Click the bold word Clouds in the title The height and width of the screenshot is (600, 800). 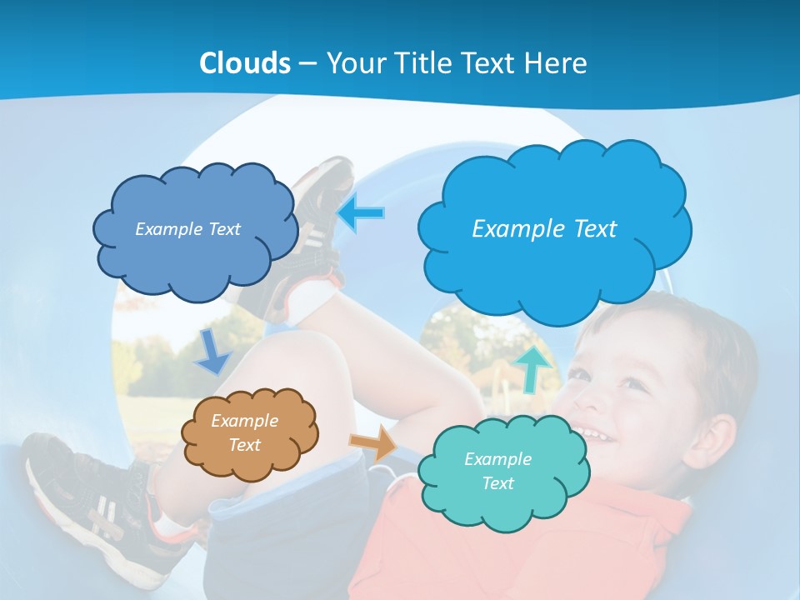245,63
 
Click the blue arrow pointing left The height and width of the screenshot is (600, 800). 362,213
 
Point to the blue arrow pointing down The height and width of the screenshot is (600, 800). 212,352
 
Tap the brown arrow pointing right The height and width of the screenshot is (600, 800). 374,442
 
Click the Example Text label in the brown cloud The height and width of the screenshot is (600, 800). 244,432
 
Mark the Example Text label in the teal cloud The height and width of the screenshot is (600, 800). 497,471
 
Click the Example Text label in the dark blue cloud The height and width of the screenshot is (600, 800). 187,229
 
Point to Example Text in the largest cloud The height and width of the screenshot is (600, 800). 544,228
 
